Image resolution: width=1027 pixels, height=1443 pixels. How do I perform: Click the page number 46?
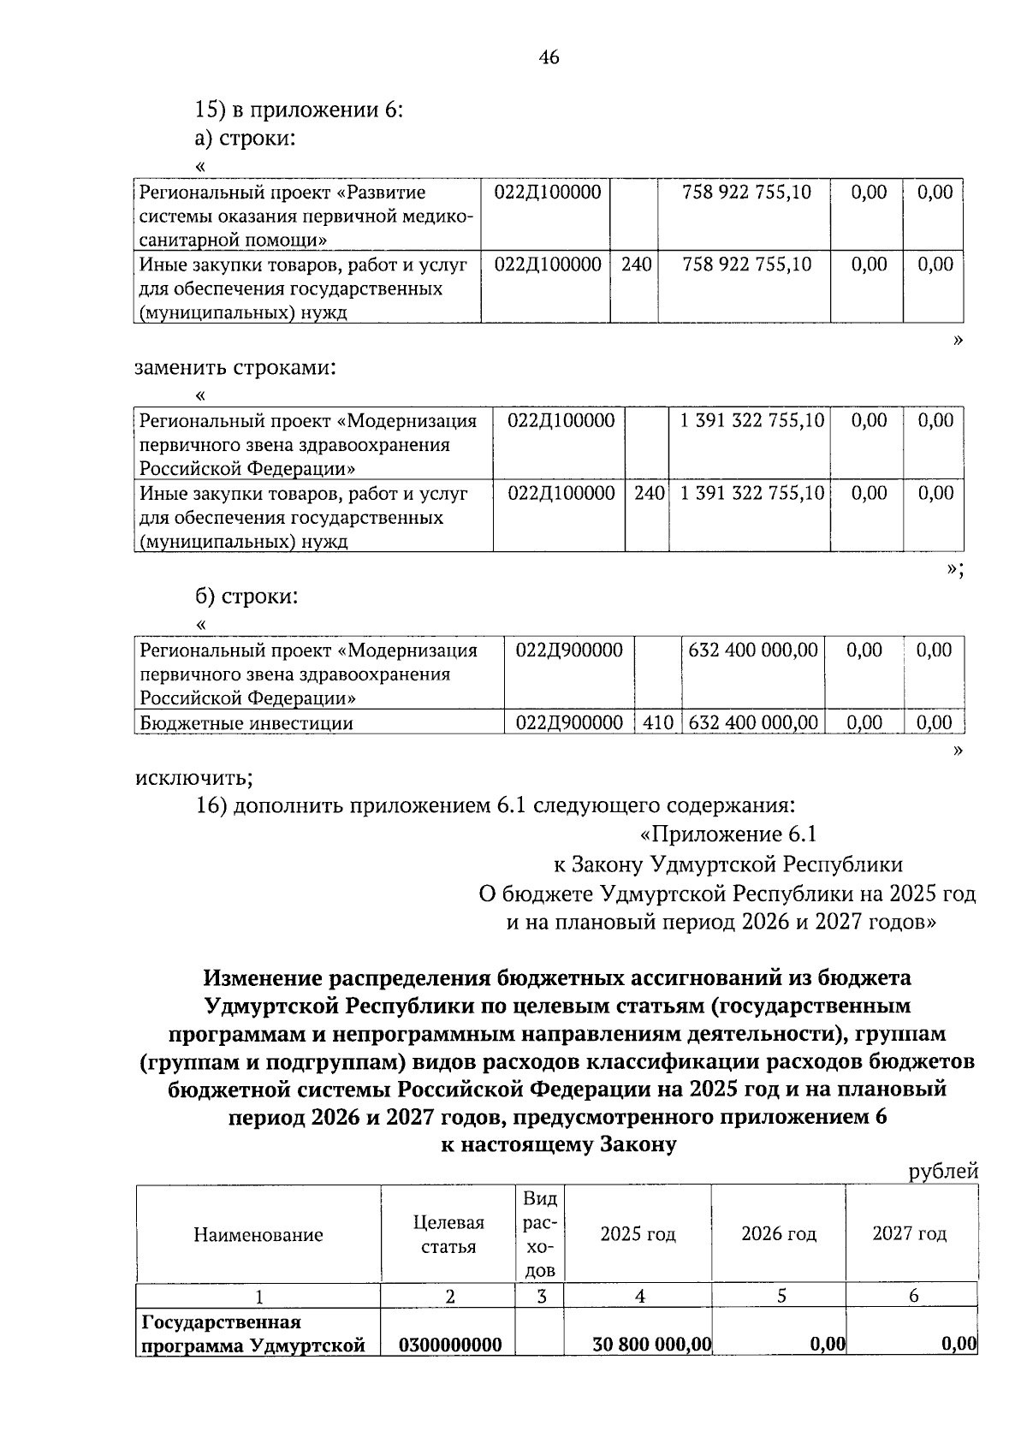(x=549, y=58)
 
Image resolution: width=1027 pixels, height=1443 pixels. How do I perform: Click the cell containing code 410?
(x=657, y=722)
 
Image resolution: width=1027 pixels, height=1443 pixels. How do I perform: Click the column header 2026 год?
(x=778, y=1233)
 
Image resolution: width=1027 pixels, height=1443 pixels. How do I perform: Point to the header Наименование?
(x=258, y=1234)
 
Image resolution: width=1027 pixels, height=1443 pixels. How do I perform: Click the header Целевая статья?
(x=448, y=1234)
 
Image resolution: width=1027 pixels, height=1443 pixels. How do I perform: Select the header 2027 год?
(x=909, y=1233)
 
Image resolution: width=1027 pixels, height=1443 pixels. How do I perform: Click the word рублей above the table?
(x=943, y=1172)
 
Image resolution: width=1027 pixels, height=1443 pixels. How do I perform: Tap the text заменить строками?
(x=235, y=368)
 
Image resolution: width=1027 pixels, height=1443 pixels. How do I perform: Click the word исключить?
(x=193, y=778)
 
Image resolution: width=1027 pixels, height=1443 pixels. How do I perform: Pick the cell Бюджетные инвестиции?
(x=246, y=722)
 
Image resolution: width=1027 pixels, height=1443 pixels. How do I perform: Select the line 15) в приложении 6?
(x=300, y=110)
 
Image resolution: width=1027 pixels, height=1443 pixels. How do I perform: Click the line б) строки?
(x=246, y=597)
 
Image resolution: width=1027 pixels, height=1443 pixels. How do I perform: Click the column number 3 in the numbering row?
(x=541, y=1296)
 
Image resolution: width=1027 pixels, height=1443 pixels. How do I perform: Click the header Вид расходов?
(x=540, y=1234)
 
